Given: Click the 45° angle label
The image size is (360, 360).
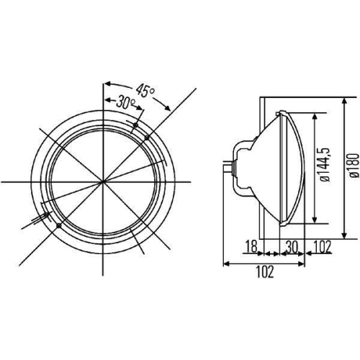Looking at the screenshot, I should [146, 91].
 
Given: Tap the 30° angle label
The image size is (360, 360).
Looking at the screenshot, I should [127, 104].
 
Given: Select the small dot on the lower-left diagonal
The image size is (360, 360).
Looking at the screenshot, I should [58, 227].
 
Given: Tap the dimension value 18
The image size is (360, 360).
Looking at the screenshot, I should [250, 247].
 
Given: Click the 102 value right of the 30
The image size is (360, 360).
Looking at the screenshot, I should [322, 247].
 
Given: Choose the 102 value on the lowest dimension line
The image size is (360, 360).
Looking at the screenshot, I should [264, 272].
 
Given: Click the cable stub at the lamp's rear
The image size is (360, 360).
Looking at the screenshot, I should [230, 168].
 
